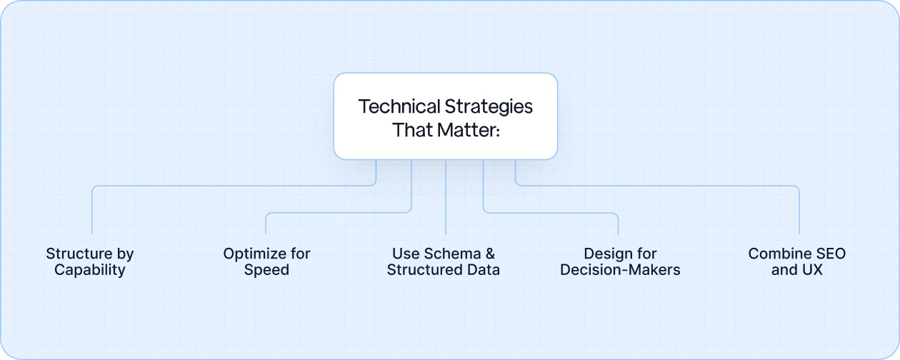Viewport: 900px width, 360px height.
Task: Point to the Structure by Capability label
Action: (90, 261)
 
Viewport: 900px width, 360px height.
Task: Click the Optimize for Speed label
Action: (266, 261)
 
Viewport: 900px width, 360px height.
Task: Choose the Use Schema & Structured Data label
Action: (444, 261)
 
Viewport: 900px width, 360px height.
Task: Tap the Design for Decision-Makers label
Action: (620, 261)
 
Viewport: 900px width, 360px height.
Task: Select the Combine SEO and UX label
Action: (797, 261)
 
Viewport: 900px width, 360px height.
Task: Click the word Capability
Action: (90, 270)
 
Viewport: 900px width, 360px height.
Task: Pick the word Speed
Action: (266, 270)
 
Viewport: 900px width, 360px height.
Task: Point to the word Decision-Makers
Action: (620, 270)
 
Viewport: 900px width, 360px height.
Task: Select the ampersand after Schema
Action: (490, 254)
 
